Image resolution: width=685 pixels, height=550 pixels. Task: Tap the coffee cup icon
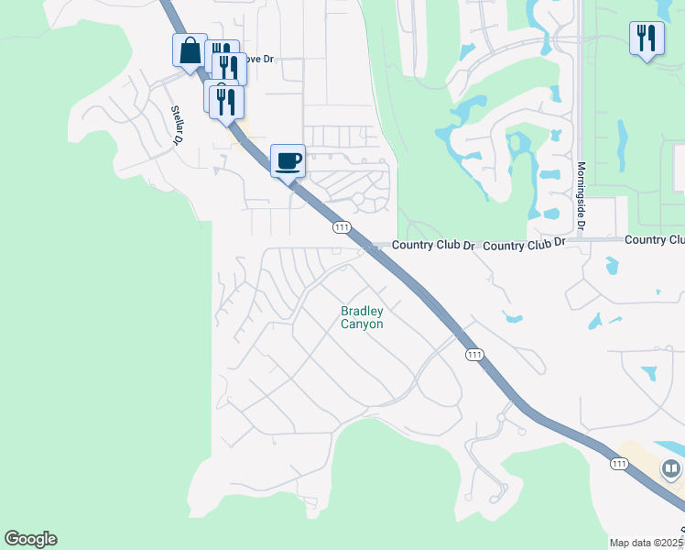(x=288, y=160)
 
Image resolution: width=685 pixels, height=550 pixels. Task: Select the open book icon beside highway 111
(x=671, y=469)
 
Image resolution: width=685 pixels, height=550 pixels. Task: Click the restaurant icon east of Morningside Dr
(x=647, y=38)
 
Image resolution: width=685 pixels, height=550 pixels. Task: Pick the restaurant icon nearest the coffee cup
(x=226, y=101)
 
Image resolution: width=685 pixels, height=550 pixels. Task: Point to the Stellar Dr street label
(x=178, y=125)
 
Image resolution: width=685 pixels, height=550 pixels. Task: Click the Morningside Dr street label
(x=581, y=198)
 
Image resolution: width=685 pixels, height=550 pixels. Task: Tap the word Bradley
(x=362, y=312)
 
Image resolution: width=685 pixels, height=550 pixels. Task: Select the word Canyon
(x=362, y=324)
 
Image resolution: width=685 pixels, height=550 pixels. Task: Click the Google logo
(x=30, y=539)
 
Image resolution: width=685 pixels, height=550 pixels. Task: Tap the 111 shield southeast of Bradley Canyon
(x=473, y=355)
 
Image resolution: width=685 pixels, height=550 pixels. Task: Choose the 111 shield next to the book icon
(x=620, y=465)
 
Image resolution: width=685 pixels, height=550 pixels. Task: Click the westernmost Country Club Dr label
(x=434, y=246)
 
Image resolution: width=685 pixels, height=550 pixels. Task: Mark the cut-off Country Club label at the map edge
(x=655, y=239)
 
